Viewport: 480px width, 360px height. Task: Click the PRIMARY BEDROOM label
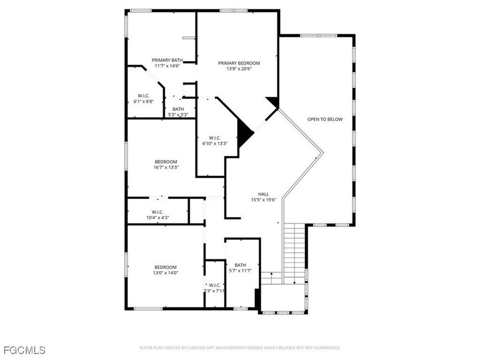tap(239, 63)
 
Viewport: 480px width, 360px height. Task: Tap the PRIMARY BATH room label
tap(167, 60)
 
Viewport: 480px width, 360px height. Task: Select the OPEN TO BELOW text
tap(325, 119)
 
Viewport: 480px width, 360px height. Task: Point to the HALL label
tap(263, 194)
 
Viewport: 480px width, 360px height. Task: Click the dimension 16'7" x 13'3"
tap(166, 167)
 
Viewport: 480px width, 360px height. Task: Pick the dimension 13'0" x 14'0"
tap(166, 273)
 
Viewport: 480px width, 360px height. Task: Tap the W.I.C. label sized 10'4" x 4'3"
tap(158, 212)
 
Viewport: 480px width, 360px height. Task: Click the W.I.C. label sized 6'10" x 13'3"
tap(215, 138)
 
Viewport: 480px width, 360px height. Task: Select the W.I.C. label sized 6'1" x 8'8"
tap(143, 96)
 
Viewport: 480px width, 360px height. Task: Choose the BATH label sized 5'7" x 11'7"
tap(241, 265)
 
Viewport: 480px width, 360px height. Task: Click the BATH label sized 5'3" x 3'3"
tap(178, 109)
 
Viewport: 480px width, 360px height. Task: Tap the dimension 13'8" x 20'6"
tap(239, 69)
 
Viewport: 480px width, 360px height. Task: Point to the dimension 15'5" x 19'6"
tap(263, 200)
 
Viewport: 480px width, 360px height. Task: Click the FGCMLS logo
tap(25, 350)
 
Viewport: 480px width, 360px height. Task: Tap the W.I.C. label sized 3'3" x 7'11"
tap(215, 285)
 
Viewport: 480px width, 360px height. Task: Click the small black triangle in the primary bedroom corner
tap(272, 102)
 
